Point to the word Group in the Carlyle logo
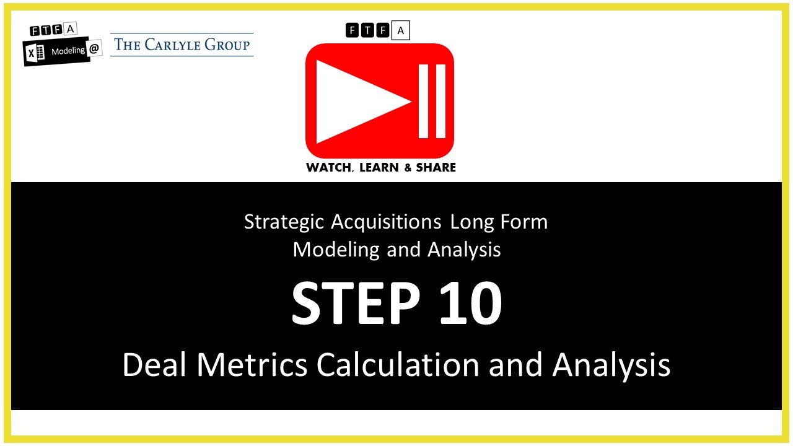[x=229, y=45]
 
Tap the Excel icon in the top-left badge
[x=36, y=54]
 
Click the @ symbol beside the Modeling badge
[x=95, y=50]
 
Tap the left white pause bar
[x=424, y=100]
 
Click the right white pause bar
[x=441, y=100]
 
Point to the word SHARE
[x=436, y=168]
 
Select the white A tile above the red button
[x=401, y=30]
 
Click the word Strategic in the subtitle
[x=284, y=222]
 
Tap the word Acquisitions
[x=385, y=222]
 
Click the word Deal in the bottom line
[x=154, y=365]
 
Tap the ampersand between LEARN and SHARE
[x=408, y=168]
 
